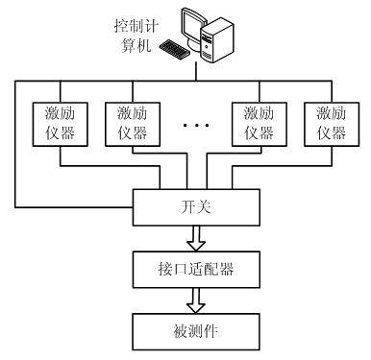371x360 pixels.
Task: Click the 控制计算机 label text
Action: [136, 36]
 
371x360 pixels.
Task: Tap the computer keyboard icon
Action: [173, 50]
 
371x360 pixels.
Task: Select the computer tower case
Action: [217, 40]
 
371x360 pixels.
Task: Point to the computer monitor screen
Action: [194, 27]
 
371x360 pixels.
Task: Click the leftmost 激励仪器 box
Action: [61, 124]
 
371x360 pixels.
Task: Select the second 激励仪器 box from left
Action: [133, 124]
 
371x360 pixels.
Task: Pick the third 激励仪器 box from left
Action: [260, 124]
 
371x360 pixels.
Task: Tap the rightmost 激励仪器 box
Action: [332, 124]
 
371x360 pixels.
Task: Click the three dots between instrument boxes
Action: [196, 125]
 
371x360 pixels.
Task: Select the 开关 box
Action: [196, 207]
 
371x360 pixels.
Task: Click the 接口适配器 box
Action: [196, 270]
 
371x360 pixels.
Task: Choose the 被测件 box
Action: [196, 331]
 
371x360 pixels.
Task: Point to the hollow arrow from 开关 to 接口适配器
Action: [196, 238]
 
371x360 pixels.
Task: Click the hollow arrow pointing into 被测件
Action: [196, 300]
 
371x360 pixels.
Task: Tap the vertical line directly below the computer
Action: [196, 71]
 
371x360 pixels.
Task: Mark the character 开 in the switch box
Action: [188, 207]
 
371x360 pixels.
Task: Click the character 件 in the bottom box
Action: [210, 331]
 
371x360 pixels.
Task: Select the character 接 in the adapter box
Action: [165, 269]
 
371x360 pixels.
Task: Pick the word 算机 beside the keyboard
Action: [136, 45]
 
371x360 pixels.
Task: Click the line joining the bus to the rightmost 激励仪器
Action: [332, 91]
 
